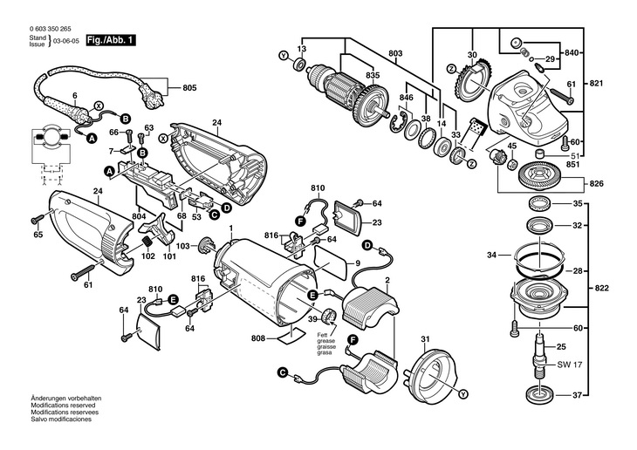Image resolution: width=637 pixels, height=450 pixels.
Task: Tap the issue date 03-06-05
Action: coord(67,41)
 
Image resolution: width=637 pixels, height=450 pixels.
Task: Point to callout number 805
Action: coord(189,87)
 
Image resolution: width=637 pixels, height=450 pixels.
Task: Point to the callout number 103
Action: coord(182,247)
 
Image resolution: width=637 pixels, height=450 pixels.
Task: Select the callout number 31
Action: coord(425,339)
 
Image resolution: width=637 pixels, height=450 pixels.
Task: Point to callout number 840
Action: coord(572,52)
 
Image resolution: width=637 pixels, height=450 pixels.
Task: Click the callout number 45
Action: coord(512,146)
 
